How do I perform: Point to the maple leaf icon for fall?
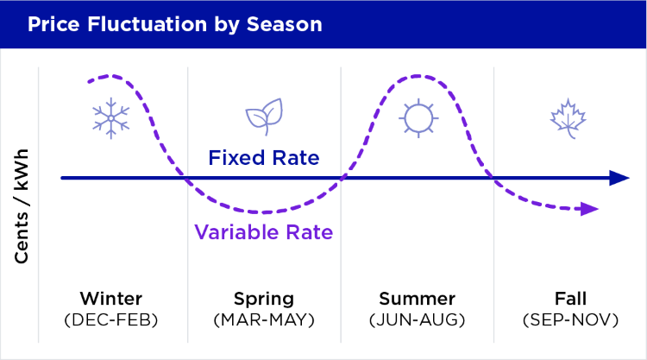point(567,119)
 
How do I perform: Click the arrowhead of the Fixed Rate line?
point(619,178)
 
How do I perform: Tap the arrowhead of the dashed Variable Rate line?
point(591,209)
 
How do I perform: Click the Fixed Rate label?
point(264,159)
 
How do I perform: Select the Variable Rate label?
point(264,231)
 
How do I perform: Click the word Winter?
point(111,299)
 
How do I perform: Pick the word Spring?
point(264,299)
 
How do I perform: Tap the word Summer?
point(418,299)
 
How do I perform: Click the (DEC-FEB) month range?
point(111,319)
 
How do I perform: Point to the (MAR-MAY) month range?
point(264,319)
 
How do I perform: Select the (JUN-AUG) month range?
point(418,319)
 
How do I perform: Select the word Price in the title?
point(51,24)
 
